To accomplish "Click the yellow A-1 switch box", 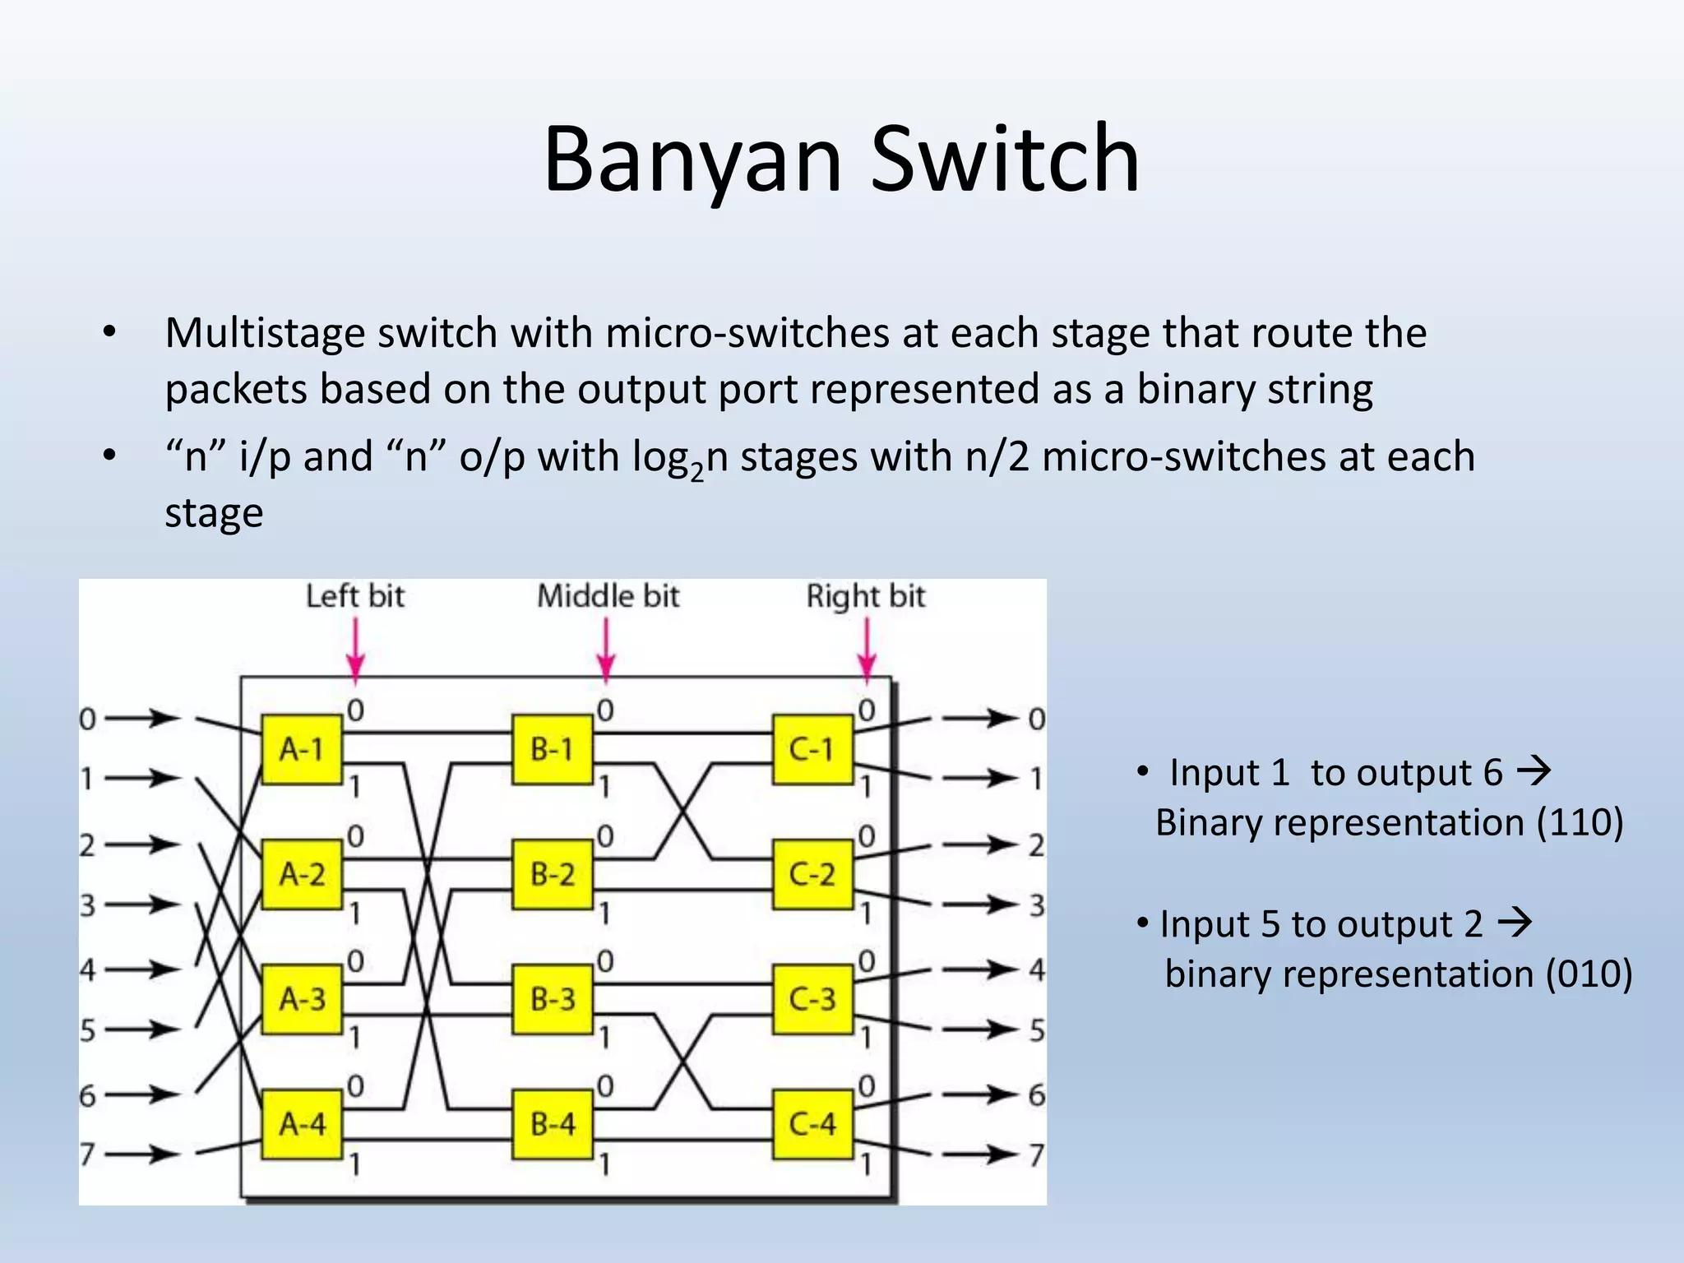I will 302,749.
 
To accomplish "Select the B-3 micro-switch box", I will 553,999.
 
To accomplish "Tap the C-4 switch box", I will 812,1123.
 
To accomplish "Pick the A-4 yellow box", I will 302,1123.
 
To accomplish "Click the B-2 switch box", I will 553,874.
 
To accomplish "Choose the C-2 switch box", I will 812,874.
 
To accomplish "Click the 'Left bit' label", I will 355,596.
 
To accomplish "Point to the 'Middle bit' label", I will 608,596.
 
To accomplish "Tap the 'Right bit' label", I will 865,596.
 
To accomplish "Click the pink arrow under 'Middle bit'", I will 606,650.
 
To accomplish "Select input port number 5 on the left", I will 87,1029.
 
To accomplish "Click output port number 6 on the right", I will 1037,1095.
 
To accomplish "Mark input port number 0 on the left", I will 87,719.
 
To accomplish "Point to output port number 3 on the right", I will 1037,905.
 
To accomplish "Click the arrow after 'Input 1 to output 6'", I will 1533,771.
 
